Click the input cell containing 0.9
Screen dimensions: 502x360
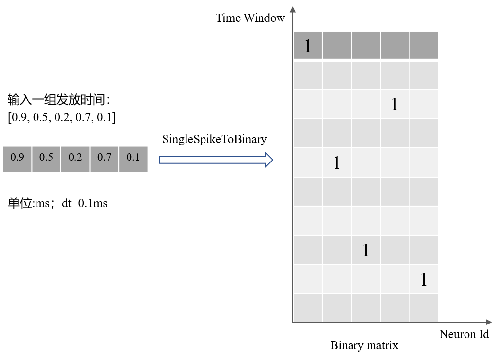[x=18, y=160]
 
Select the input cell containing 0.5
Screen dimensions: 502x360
[x=46, y=160]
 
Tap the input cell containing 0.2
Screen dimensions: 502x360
[x=75, y=160]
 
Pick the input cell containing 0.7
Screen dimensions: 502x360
[x=104, y=160]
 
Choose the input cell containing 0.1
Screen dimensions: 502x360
[x=133, y=160]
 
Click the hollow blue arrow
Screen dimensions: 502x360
[x=216, y=160]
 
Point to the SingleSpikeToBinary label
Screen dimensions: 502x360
[x=215, y=140]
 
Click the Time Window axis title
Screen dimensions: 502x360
[x=250, y=18]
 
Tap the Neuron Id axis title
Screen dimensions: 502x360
[x=464, y=334]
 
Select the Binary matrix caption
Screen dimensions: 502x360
[x=364, y=345]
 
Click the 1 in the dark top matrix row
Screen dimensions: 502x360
[x=308, y=46]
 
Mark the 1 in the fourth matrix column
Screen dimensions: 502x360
[x=395, y=104]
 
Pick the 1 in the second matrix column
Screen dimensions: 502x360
[x=336, y=162]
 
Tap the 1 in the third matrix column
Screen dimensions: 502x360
[x=366, y=250]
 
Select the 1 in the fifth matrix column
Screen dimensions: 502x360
[x=424, y=279]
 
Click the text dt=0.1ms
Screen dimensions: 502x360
[x=85, y=203]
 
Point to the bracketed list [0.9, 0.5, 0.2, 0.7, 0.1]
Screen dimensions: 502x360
[x=62, y=117]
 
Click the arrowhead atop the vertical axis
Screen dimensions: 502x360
[x=293, y=10]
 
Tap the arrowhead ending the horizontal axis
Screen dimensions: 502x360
[x=488, y=322]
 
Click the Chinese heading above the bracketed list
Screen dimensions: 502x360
[x=58, y=100]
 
